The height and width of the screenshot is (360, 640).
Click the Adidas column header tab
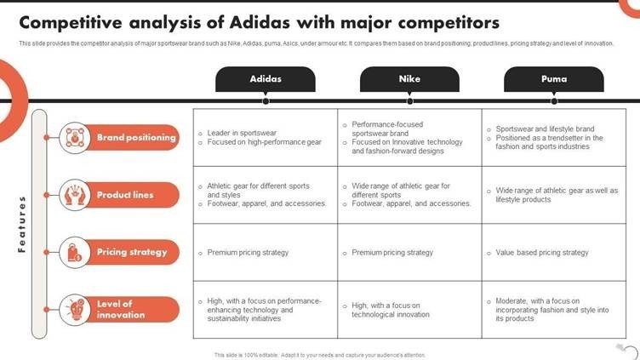[x=266, y=79]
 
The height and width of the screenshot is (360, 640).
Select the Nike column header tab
[x=409, y=79]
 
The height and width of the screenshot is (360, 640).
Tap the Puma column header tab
[x=554, y=79]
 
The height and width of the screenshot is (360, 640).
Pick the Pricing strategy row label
[x=131, y=252]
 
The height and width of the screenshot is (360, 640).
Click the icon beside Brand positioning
[x=75, y=138]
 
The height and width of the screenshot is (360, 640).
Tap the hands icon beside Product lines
[x=75, y=195]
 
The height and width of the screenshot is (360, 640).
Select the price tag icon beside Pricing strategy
[x=75, y=252]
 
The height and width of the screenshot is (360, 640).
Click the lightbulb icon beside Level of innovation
[x=75, y=310]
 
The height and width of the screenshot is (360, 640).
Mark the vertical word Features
[x=21, y=225]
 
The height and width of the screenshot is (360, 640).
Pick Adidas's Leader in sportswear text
[x=242, y=133]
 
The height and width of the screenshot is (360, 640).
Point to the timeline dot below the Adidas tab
[x=266, y=100]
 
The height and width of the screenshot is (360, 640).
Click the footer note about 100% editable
[x=320, y=355]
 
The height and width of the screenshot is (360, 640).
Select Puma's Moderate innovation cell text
[x=551, y=310]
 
